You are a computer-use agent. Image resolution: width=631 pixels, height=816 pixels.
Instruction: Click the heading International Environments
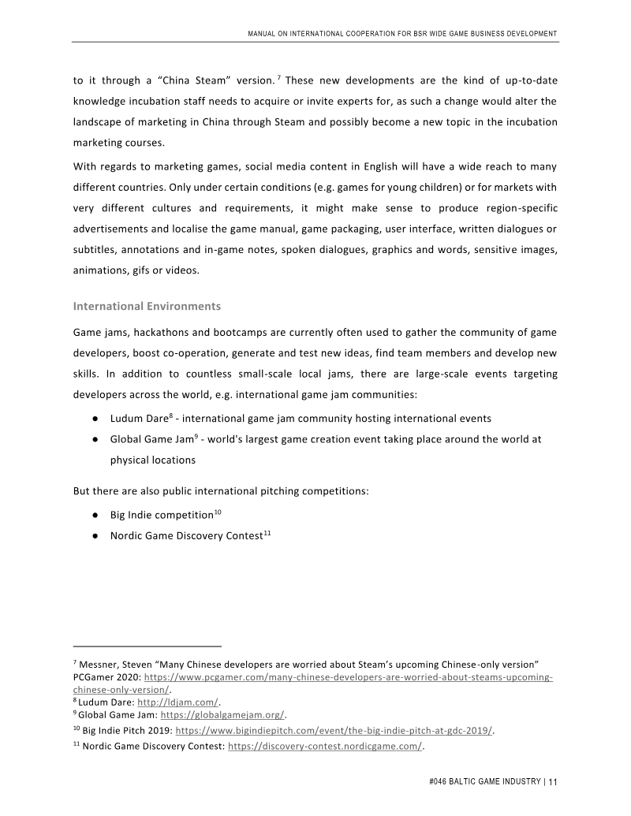(147, 305)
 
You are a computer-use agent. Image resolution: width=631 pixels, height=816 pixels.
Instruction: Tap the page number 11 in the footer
(553, 782)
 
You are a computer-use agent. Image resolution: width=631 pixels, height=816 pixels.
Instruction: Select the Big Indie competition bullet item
(161, 516)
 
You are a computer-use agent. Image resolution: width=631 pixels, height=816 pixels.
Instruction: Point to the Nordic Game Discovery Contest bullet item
(185, 537)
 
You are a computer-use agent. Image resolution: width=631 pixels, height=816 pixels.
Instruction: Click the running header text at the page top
(402, 33)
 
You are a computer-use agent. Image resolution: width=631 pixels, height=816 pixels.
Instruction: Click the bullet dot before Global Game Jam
(94, 439)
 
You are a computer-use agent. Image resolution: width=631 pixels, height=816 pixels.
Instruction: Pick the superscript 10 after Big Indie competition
(218, 512)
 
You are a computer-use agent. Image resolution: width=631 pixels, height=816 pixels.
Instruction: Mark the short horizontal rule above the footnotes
(147, 644)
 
